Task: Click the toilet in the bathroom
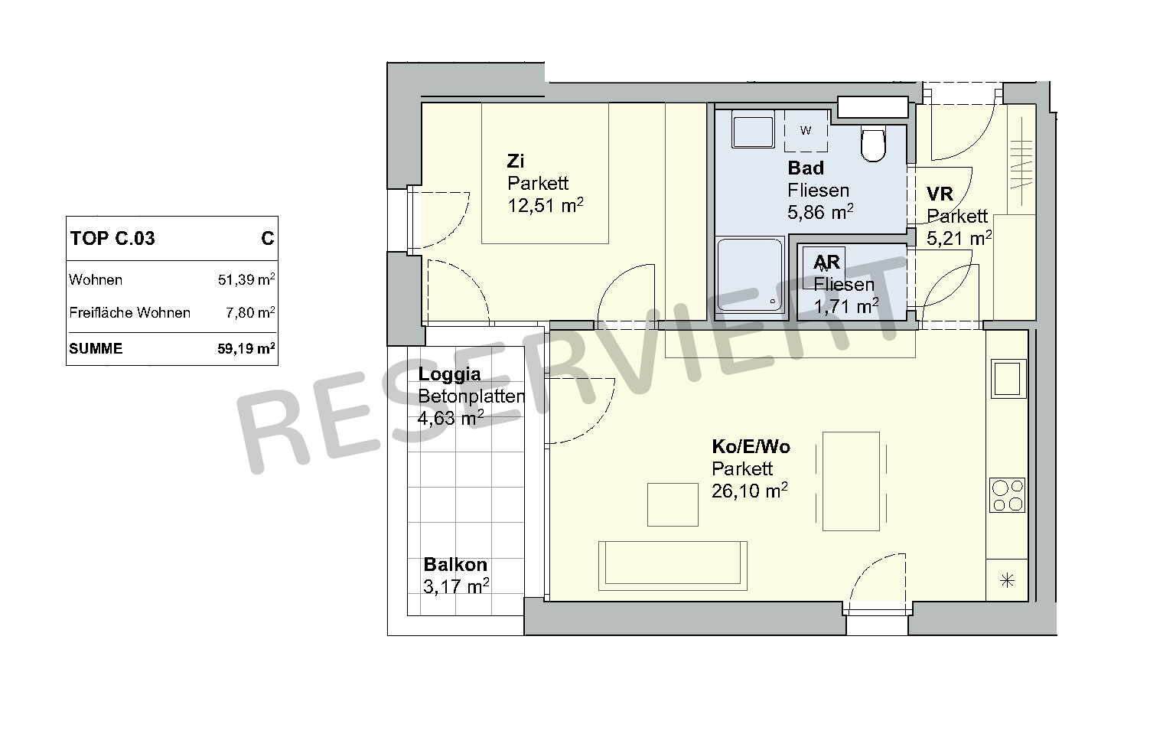(x=873, y=144)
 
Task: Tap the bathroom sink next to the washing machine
(x=753, y=132)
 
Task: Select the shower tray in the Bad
(x=750, y=275)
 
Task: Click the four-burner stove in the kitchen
(x=1007, y=494)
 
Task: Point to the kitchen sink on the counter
(x=1008, y=379)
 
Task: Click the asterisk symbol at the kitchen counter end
(x=1007, y=580)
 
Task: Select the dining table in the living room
(x=851, y=481)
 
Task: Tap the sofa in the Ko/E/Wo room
(x=673, y=565)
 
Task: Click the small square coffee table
(x=673, y=504)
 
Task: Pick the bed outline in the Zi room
(x=545, y=173)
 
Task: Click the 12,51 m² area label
(x=546, y=205)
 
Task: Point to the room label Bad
(x=806, y=168)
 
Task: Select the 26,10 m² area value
(x=750, y=491)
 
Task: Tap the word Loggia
(x=449, y=374)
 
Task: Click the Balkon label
(x=454, y=565)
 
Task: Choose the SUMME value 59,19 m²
(x=246, y=349)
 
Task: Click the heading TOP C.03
(x=112, y=238)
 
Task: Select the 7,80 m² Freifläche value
(x=250, y=312)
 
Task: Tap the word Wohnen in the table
(x=96, y=280)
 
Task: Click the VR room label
(x=940, y=194)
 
